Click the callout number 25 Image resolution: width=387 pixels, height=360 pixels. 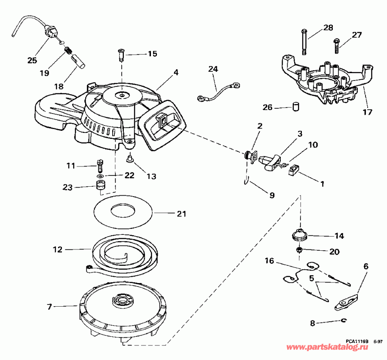click(x=32, y=60)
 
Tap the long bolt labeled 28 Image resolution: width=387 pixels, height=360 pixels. click(x=304, y=42)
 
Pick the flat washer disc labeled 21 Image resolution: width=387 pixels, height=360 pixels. click(x=123, y=211)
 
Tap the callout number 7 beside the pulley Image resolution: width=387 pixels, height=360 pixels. click(x=49, y=307)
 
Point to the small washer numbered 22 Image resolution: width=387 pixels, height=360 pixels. click(x=100, y=176)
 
